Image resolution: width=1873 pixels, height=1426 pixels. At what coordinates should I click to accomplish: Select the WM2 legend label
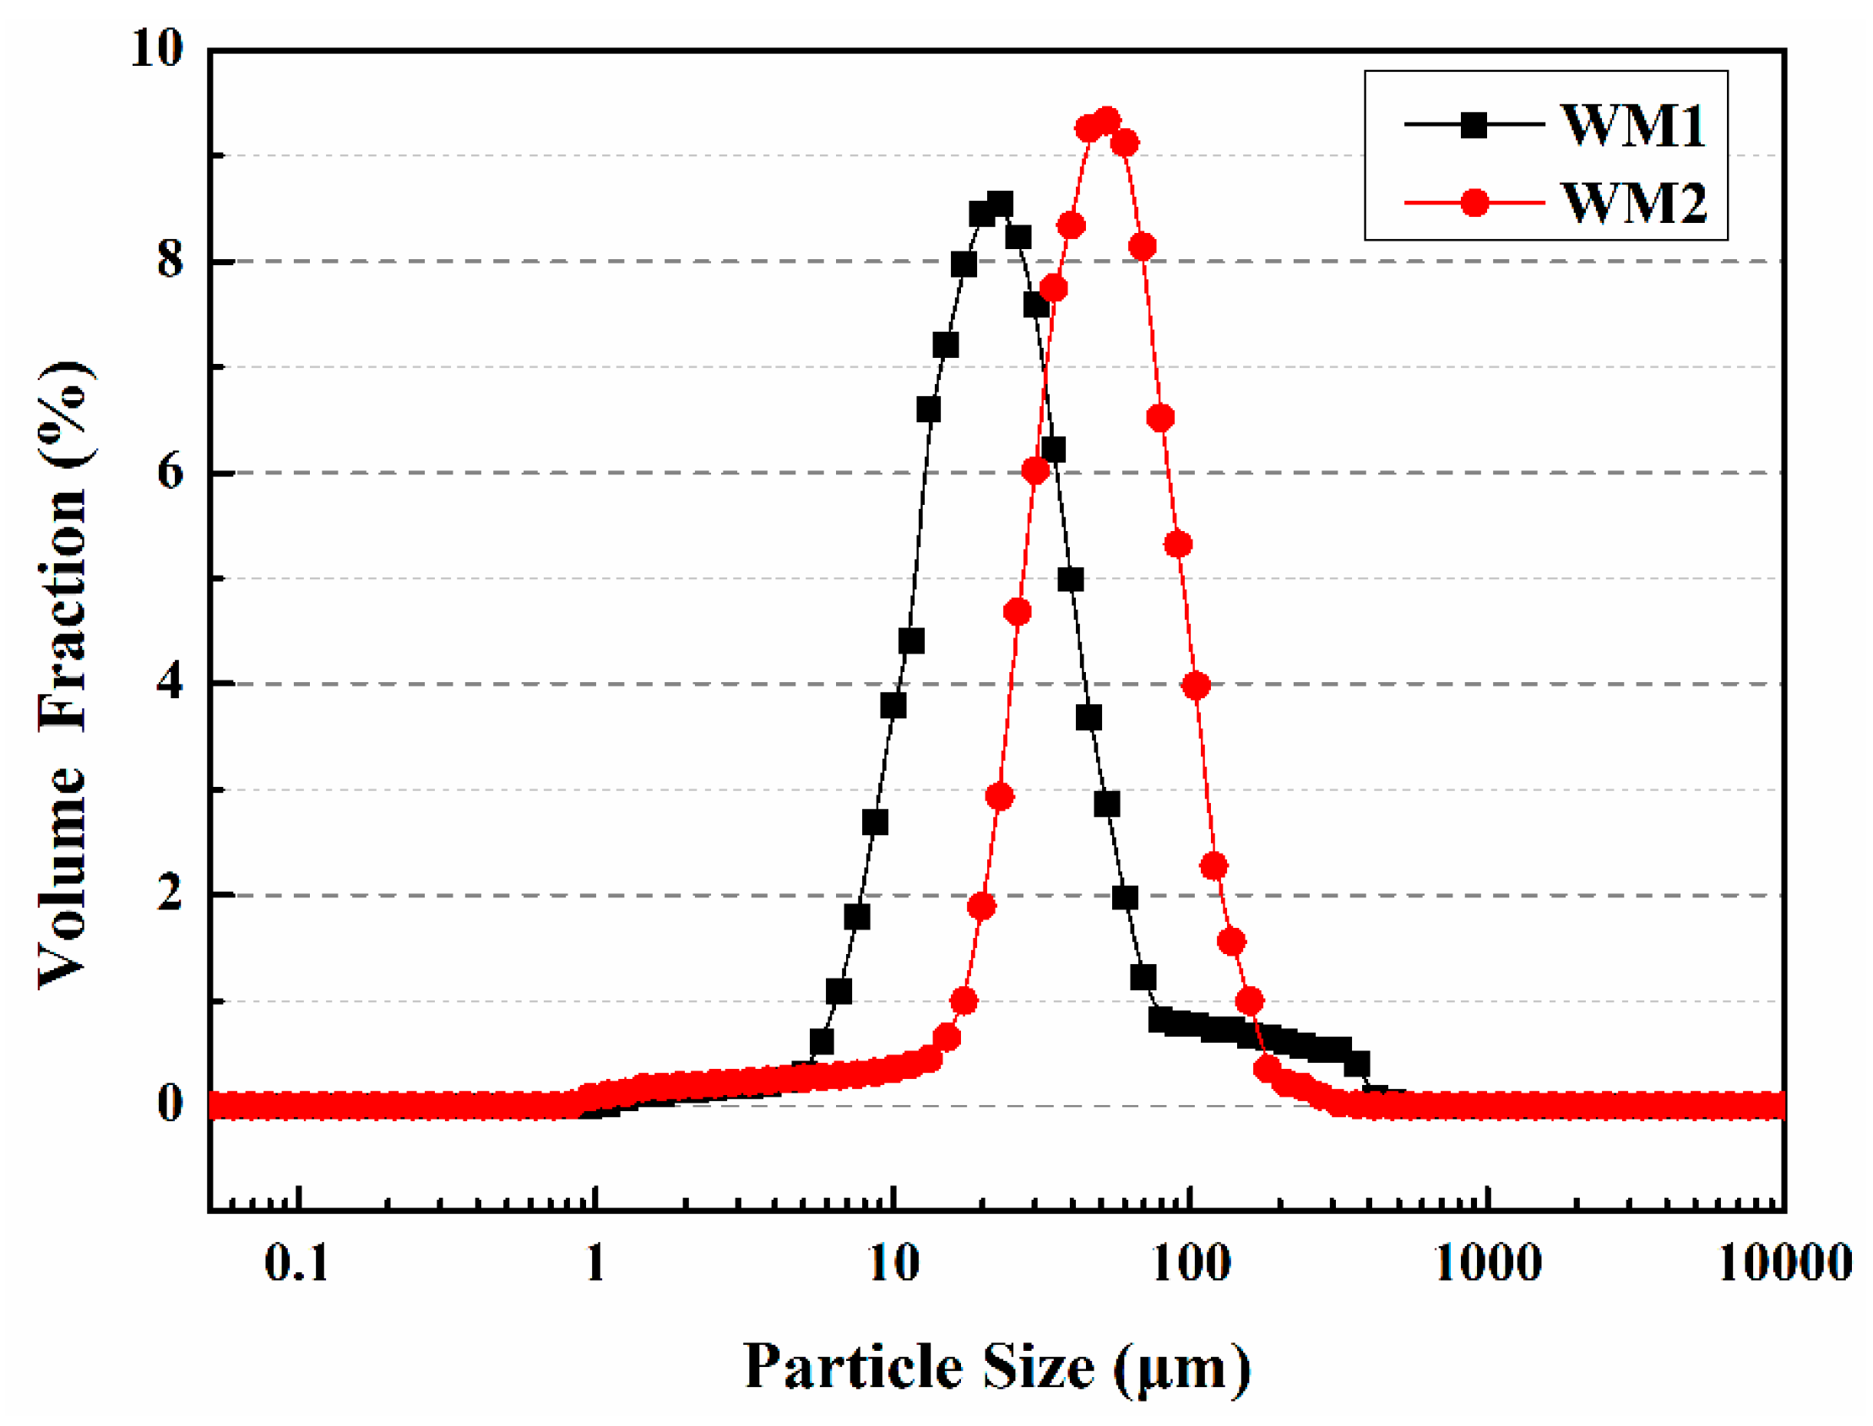1631,203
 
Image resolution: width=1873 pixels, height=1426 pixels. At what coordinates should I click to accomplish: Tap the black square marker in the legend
1474,126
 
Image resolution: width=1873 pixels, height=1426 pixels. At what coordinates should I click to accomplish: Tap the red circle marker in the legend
1474,203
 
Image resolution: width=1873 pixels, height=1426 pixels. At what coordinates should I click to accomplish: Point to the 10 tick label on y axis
157,48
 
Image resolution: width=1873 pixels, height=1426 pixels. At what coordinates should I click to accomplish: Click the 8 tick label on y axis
171,260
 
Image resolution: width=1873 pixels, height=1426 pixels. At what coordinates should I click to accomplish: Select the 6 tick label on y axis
171,471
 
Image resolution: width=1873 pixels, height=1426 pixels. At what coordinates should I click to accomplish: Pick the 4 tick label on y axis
171,682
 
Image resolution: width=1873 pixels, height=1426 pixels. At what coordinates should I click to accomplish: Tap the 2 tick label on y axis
171,894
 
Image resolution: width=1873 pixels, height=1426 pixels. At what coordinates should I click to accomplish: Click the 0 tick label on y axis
171,1104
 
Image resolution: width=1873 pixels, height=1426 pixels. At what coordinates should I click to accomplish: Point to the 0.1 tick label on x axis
296,1264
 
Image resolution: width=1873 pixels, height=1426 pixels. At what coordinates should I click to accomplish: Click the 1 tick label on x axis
595,1264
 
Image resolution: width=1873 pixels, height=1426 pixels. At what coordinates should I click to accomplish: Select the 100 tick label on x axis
1192,1264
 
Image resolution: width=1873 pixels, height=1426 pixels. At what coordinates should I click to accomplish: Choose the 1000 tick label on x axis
1488,1264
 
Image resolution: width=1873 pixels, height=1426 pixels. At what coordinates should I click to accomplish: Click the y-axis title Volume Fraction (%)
63,675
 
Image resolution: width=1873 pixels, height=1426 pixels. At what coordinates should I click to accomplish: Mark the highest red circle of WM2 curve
1107,122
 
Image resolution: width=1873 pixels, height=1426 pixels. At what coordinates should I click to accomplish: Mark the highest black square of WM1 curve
1000,204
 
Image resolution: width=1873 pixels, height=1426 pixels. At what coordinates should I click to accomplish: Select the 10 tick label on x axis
893,1264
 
